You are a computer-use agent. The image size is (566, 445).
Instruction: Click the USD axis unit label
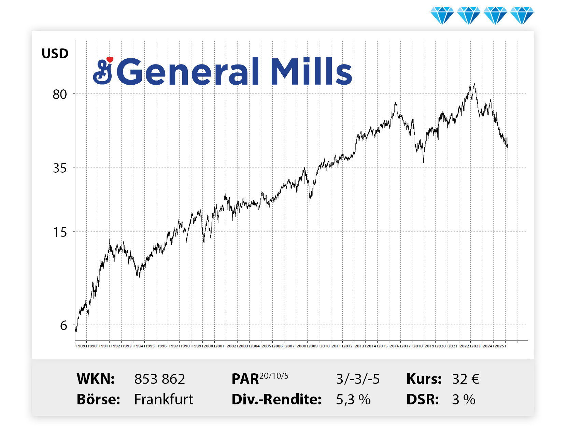tap(55, 54)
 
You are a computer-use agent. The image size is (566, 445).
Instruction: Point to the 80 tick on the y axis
tap(60, 94)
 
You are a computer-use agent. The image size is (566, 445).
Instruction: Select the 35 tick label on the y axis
tap(60, 168)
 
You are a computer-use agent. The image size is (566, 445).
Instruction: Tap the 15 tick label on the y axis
tap(60, 232)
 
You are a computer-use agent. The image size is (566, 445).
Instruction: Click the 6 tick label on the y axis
tap(63, 326)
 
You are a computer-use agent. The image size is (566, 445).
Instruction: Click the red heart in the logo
tap(110, 60)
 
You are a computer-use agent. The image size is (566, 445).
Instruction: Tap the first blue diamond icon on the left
tap(442, 15)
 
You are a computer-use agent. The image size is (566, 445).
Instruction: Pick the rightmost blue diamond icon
tap(522, 15)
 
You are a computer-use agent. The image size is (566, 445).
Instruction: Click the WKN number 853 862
tap(159, 379)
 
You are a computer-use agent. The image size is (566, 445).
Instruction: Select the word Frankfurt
tap(164, 399)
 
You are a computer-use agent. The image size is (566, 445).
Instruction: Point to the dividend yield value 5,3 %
tap(353, 400)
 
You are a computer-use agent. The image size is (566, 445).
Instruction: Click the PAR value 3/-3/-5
tap(358, 379)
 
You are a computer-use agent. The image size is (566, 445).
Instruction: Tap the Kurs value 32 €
tap(466, 379)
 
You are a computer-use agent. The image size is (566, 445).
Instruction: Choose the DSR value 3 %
tap(464, 400)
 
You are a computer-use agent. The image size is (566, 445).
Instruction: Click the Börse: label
tap(98, 399)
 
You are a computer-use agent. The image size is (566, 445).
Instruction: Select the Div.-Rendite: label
tap(277, 400)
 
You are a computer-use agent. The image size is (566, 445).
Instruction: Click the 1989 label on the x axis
tap(81, 346)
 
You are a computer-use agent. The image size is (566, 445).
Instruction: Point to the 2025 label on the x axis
tap(499, 346)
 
